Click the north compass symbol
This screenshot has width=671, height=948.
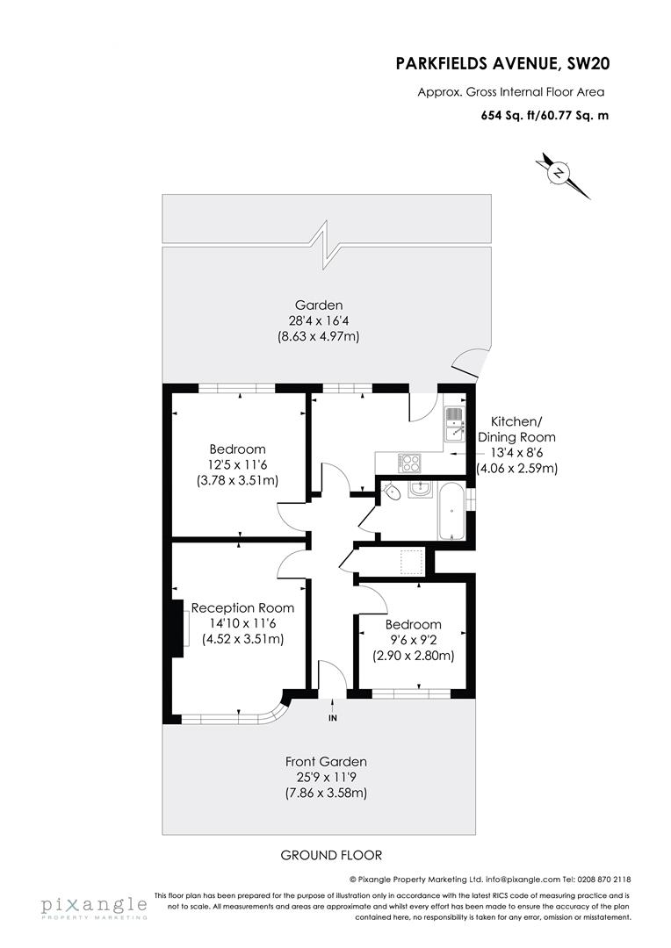(x=558, y=173)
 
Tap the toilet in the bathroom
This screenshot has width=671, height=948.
(x=393, y=492)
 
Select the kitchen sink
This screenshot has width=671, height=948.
(x=453, y=423)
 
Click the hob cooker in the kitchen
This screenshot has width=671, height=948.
(x=409, y=462)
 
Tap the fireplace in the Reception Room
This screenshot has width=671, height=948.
(x=178, y=627)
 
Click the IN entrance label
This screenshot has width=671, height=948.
(x=333, y=718)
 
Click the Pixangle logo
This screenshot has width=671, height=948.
(x=93, y=908)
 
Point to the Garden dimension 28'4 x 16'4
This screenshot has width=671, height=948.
(x=319, y=320)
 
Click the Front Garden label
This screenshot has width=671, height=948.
(x=326, y=761)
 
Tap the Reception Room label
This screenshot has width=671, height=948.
(x=242, y=607)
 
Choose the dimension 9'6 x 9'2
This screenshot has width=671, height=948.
(x=414, y=640)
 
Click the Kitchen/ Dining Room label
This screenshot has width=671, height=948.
(x=516, y=428)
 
